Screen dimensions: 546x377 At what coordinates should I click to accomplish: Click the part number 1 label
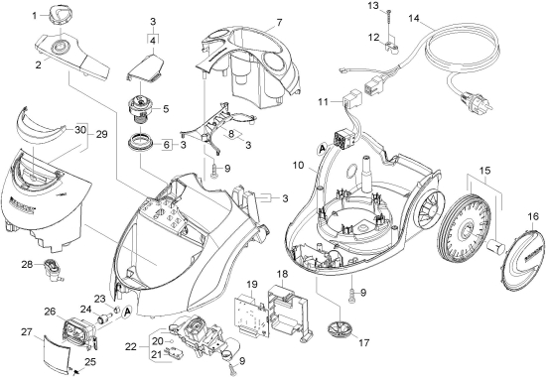pos(35,16)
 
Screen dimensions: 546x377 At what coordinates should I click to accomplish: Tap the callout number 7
pos(279,22)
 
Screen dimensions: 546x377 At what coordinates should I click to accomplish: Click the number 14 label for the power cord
pos(414,18)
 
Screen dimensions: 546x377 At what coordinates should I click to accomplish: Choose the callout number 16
pos(533,217)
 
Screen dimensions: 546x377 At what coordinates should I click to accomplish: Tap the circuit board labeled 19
pos(252,315)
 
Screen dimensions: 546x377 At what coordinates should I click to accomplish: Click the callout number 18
pos(282,274)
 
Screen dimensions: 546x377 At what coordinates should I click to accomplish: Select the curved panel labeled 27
pos(56,352)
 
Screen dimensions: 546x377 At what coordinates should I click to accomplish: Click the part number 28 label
pos(27,265)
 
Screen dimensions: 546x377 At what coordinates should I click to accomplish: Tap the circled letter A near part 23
pos(127,312)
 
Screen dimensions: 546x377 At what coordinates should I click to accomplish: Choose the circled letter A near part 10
pos(322,149)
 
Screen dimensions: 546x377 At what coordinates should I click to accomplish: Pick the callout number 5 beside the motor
pos(166,108)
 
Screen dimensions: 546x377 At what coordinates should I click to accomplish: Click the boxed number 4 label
pos(153,40)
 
